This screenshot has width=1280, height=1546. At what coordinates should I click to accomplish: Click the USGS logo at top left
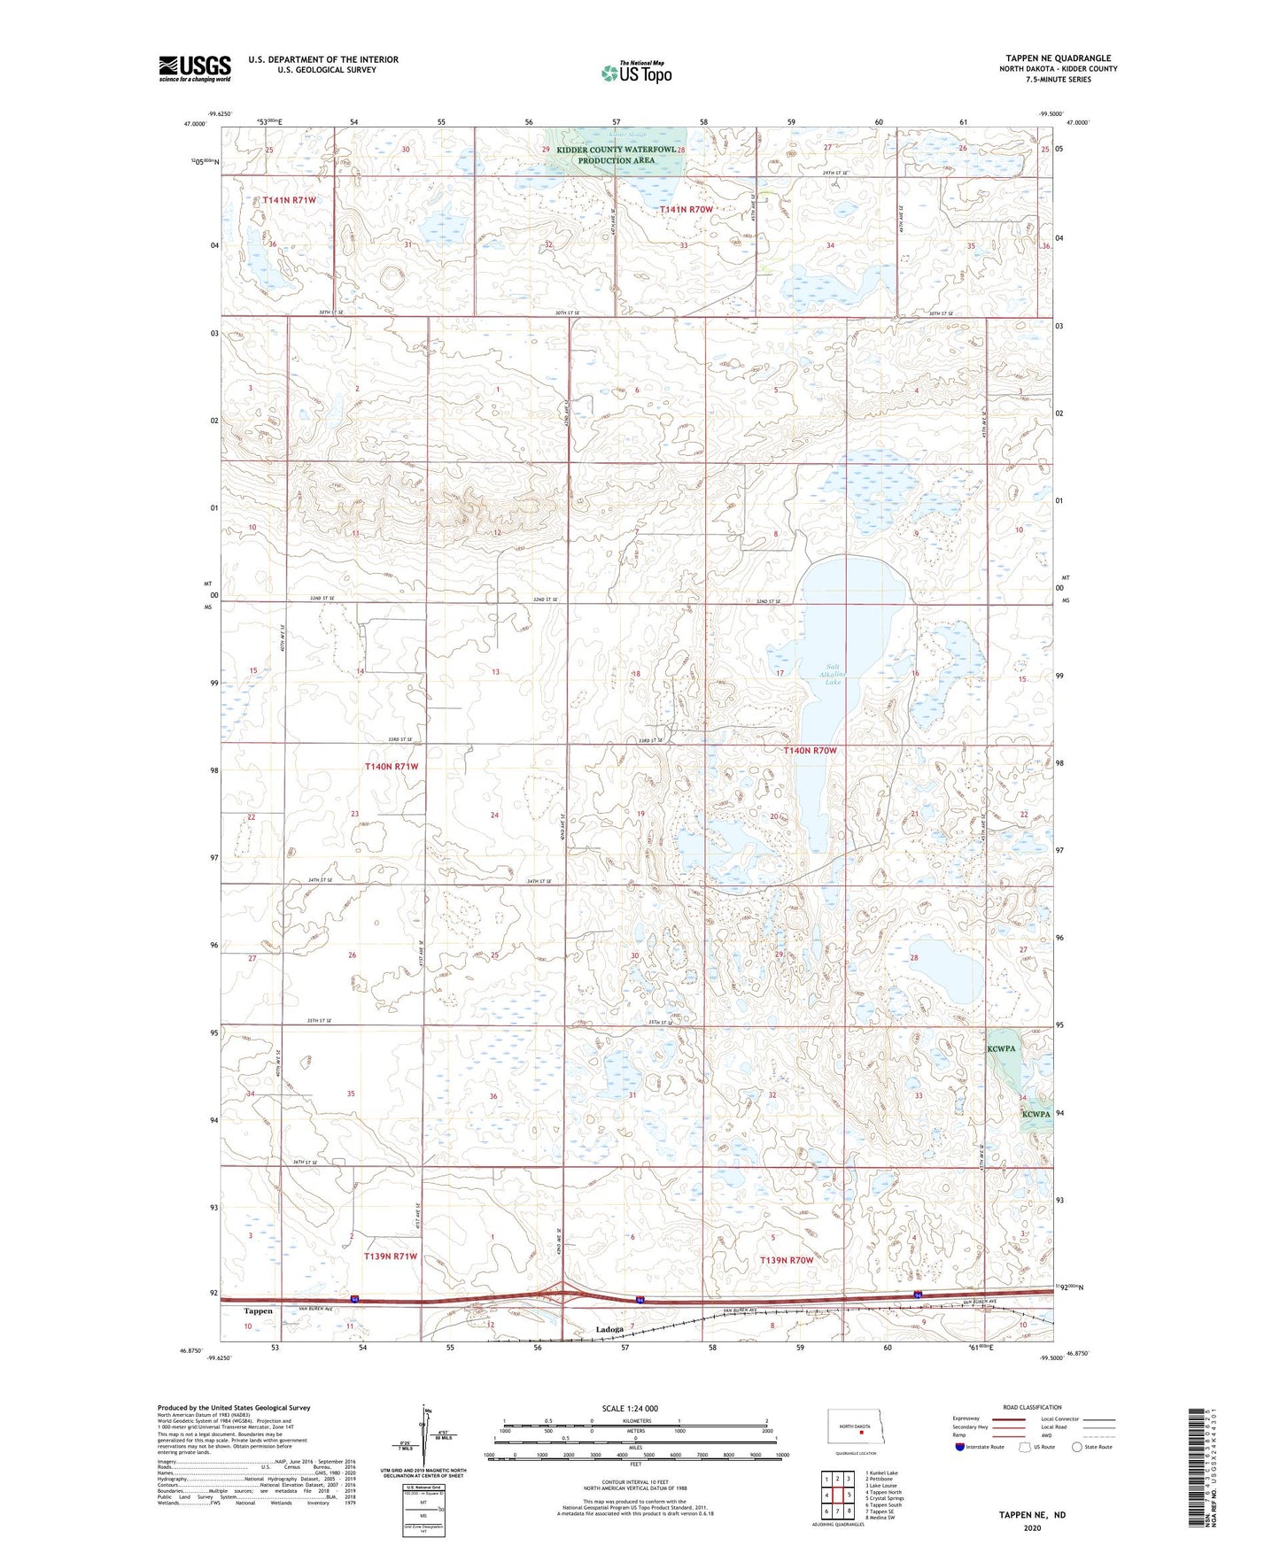194,68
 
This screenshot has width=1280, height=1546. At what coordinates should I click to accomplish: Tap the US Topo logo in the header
636,73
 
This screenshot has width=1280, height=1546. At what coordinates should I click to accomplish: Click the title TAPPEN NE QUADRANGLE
1058,58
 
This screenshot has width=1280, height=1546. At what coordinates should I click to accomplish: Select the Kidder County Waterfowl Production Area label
617,155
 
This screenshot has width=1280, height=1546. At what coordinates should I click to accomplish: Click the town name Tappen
258,1310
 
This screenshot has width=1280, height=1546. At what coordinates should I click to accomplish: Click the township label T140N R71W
392,766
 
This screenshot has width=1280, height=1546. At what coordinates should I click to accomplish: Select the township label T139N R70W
787,1259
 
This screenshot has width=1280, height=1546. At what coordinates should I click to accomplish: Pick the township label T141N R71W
289,200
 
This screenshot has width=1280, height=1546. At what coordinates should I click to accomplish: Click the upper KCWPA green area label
1001,1047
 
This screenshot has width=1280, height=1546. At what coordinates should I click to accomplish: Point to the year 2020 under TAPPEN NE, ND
1032,1527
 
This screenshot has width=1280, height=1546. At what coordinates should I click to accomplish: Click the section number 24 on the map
494,815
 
